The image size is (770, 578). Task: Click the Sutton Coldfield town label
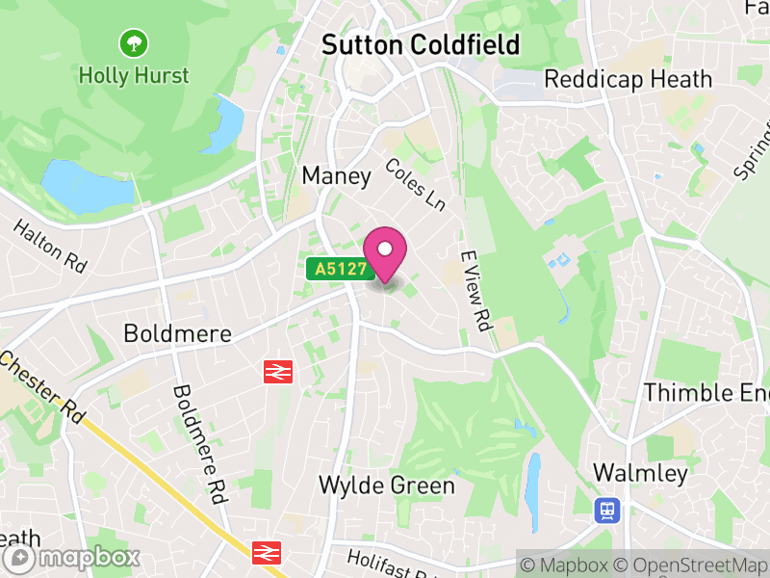pyautogui.click(x=420, y=44)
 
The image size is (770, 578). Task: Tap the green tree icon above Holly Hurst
pyautogui.click(x=133, y=42)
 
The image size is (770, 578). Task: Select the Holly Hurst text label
pyautogui.click(x=134, y=74)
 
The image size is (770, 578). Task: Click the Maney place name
pyautogui.click(x=336, y=175)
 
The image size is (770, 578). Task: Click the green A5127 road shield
pyautogui.click(x=341, y=270)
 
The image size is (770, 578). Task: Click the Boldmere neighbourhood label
pyautogui.click(x=178, y=333)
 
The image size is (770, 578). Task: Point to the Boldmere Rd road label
pyautogui.click(x=199, y=444)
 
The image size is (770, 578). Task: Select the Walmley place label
pyautogui.click(x=640, y=473)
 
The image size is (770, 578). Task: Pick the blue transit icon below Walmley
pyautogui.click(x=607, y=509)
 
